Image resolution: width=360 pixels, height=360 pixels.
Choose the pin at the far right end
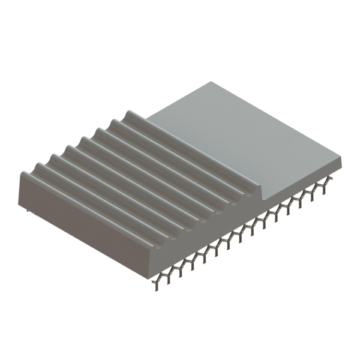[x=326, y=183]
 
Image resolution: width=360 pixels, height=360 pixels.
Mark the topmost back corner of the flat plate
[x=211, y=82]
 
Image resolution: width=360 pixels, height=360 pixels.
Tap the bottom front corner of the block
[x=150, y=273]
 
